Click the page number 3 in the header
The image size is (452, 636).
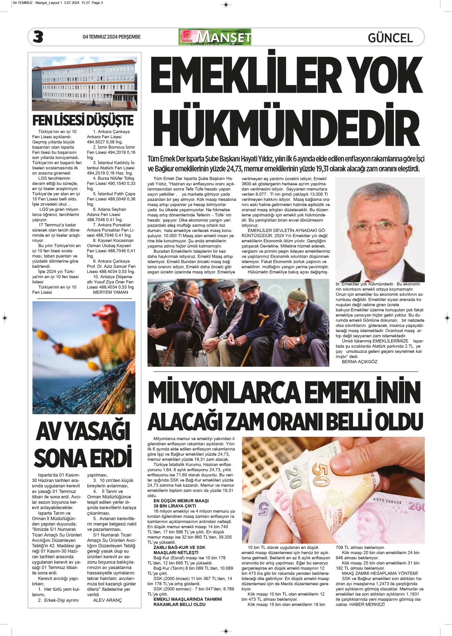coord(38,37)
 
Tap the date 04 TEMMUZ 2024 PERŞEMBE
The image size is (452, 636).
coord(111,37)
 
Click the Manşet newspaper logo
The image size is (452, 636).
coord(215,37)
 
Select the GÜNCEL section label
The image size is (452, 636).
coord(390,38)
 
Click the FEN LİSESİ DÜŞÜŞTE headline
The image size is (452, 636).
coord(83,120)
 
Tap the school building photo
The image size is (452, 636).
coord(84,83)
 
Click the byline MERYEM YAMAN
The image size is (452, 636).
coord(110,292)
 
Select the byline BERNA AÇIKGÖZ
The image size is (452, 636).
coord(359,362)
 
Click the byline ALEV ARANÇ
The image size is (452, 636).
coord(107,600)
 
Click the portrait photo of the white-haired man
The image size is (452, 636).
coord(380,229)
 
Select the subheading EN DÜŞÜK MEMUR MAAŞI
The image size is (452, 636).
coord(181,501)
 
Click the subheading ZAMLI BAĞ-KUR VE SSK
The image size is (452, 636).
coord(179,547)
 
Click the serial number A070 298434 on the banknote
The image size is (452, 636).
coord(387,501)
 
